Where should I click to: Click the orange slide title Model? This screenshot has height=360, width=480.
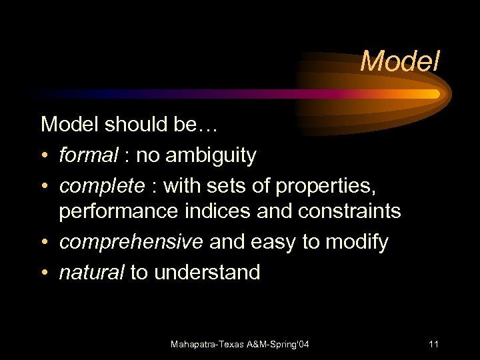pyautogui.click(x=400, y=62)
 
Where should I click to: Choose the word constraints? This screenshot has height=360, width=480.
pyautogui.click(x=347, y=211)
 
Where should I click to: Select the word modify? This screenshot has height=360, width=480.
pyautogui.click(x=357, y=242)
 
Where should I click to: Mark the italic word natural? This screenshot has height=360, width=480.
pyautogui.click(x=87, y=271)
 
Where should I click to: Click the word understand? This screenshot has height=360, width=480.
pyautogui.click(x=207, y=271)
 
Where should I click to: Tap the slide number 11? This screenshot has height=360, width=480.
pyautogui.click(x=433, y=345)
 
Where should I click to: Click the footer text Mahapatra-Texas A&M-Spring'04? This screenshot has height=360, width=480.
pyautogui.click(x=240, y=345)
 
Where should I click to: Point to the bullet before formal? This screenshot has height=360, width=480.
pyautogui.click(x=45, y=156)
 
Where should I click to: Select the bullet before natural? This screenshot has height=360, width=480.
pyautogui.click(x=45, y=272)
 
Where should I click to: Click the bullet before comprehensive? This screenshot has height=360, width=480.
pyautogui.click(x=45, y=243)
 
